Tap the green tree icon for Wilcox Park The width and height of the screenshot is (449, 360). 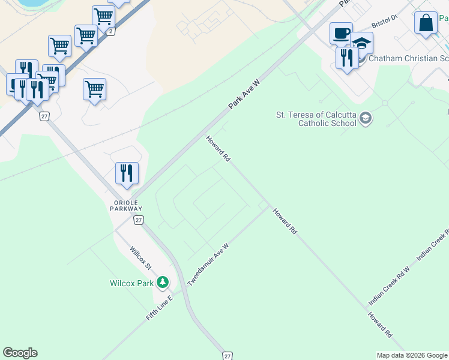pyautogui.click(x=162, y=282)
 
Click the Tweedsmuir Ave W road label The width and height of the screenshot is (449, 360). pyautogui.click(x=208, y=264)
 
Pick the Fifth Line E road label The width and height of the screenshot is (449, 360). pyautogui.click(x=159, y=308)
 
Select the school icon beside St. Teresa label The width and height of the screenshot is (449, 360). pyautogui.click(x=365, y=119)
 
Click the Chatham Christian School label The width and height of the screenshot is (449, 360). pyautogui.click(x=408, y=58)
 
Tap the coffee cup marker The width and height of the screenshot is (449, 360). pyautogui.click(x=341, y=33)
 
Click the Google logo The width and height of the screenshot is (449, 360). pyautogui.click(x=20, y=353)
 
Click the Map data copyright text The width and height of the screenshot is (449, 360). pyautogui.click(x=412, y=355)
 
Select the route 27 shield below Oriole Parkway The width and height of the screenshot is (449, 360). pyautogui.click(x=139, y=220)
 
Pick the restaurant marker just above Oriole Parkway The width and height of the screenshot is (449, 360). pyautogui.click(x=127, y=173)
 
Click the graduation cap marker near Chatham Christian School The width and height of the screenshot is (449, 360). pyautogui.click(x=361, y=43)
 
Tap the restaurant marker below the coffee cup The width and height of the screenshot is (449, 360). pyautogui.click(x=347, y=58)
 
